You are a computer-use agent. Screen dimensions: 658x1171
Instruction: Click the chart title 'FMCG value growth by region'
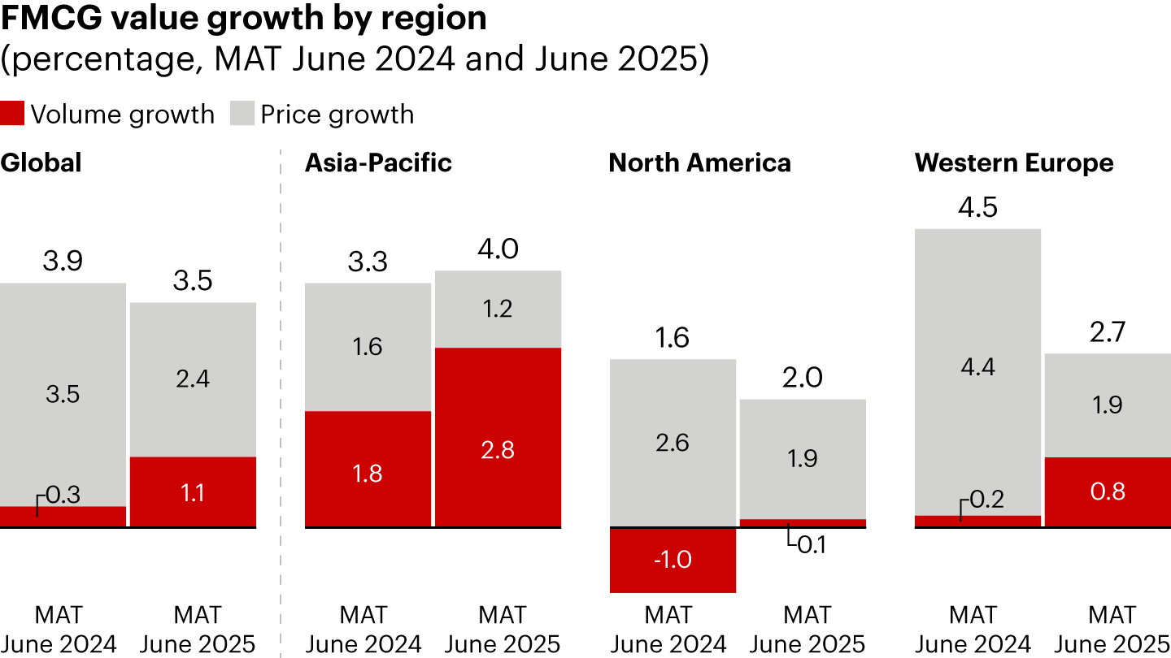click(x=243, y=18)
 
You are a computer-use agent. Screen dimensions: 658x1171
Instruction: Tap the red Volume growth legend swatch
click(x=12, y=114)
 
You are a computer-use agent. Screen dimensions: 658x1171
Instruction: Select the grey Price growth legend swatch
click(x=242, y=114)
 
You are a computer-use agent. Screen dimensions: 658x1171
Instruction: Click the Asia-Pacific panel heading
click(x=378, y=162)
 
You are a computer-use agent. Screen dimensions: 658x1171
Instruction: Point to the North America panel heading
click(x=699, y=162)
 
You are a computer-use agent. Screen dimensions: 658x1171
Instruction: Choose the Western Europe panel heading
click(x=1014, y=162)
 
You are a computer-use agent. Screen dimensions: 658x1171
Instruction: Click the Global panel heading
click(x=41, y=162)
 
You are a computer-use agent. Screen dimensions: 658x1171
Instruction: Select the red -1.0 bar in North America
click(x=673, y=561)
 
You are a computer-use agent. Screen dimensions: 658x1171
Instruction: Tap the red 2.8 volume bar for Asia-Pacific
click(x=498, y=437)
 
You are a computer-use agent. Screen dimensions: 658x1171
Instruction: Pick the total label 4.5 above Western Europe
click(x=977, y=207)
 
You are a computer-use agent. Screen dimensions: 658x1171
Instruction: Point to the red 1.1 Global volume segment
click(x=193, y=492)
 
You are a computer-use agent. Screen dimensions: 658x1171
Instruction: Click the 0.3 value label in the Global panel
click(x=63, y=495)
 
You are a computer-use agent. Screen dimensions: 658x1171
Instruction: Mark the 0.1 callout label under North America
click(x=811, y=544)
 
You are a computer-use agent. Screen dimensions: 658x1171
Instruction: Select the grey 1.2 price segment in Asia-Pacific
click(x=498, y=309)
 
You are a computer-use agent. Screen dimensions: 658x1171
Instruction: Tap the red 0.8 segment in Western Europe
click(x=1108, y=492)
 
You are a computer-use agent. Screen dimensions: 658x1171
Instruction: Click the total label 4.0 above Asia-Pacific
click(x=498, y=249)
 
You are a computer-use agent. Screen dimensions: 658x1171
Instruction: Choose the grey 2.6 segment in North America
click(x=673, y=443)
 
